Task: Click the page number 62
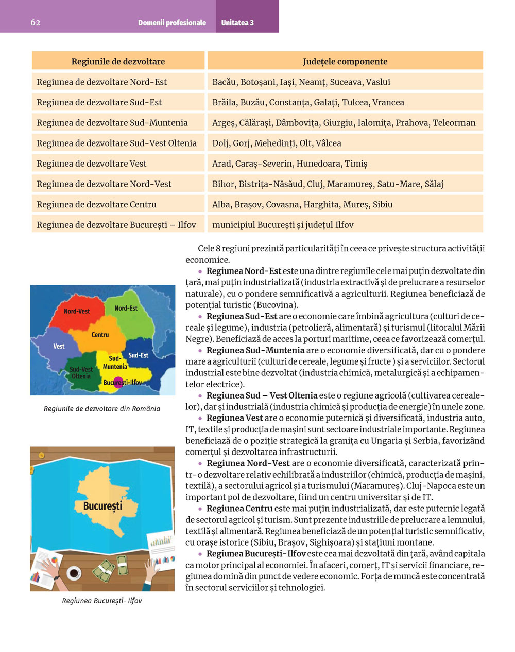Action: pos(35,22)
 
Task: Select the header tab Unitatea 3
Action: pos(237,23)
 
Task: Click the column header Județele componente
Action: pos(345,61)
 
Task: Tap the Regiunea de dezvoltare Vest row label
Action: pos(91,164)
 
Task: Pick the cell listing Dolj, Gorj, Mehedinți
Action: pos(277,143)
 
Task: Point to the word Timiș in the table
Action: pos(356,164)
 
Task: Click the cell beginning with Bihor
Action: pos(328,184)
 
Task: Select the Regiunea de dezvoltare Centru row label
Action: pos(96,204)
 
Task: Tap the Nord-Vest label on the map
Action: pos(77,311)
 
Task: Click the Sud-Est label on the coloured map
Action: pos(138,355)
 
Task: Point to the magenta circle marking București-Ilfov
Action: pos(118,382)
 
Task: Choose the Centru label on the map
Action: pos(100,335)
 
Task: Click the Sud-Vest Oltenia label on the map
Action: pos(81,373)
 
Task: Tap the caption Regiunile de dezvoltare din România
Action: pos(102,409)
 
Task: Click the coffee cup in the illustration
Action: pos(73,572)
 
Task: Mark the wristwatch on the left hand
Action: pos(55,577)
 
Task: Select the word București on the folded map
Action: pos(103,506)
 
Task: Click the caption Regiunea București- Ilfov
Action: pos(102,601)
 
